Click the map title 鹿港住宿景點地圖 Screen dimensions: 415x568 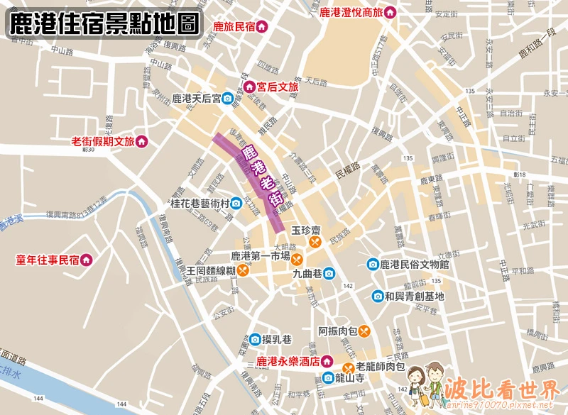point(104,24)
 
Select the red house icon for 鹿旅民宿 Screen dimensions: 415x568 point(261,27)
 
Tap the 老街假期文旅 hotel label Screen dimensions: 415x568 point(103,141)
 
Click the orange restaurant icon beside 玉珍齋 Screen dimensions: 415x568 point(313,242)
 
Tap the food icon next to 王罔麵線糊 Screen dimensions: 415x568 point(243,270)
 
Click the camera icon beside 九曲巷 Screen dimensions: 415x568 point(330,272)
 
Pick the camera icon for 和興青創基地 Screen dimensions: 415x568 point(378,297)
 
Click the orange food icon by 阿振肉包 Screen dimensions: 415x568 point(364,331)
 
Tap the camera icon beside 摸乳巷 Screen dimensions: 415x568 point(254,339)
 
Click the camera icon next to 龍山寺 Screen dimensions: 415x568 point(327,379)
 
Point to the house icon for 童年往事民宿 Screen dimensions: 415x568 point(86,260)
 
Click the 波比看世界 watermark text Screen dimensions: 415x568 point(501,389)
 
